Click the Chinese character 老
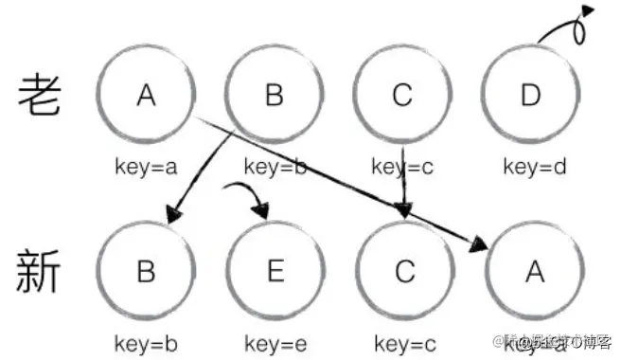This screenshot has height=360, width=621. [39, 96]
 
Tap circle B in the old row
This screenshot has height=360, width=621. [275, 96]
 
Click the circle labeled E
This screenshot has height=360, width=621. [275, 272]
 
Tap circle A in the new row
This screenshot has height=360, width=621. [534, 272]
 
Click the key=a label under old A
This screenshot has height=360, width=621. [145, 167]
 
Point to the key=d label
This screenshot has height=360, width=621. [534, 167]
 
